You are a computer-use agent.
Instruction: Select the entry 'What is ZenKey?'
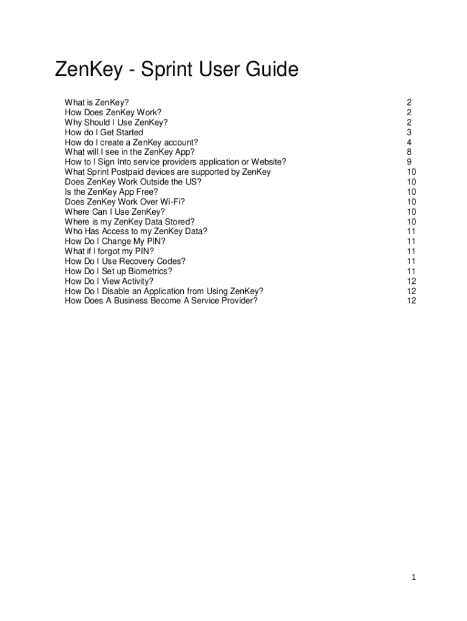point(96,102)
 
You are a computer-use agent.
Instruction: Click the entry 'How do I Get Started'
point(104,132)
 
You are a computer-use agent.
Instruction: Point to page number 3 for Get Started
point(409,132)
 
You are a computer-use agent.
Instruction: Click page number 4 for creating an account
point(409,142)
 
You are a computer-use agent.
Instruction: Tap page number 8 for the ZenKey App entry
point(409,152)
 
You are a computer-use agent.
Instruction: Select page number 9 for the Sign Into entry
point(409,162)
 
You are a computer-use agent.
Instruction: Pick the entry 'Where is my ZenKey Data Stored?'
point(129,221)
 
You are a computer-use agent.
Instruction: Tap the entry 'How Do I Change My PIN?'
point(115,241)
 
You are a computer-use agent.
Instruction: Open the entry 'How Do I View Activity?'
point(109,281)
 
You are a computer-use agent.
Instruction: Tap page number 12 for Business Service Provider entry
point(411,301)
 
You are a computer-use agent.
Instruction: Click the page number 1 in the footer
point(413,578)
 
